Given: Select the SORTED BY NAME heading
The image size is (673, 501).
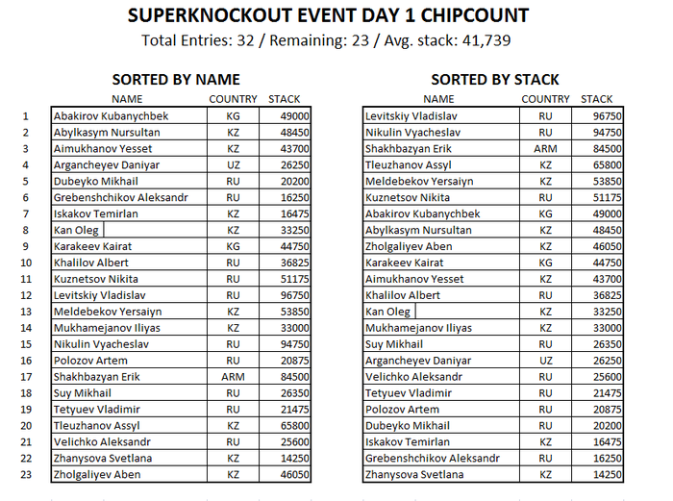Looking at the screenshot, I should (175, 79).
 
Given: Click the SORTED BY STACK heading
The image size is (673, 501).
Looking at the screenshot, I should (494, 79).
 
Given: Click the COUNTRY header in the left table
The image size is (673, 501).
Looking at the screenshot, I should (233, 99).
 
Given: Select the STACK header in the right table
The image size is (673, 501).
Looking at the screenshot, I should (596, 99).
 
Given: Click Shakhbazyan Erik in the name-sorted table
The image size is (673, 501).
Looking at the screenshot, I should (97, 377).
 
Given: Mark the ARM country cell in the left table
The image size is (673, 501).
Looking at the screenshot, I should (234, 377).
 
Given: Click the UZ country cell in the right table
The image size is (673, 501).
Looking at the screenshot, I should (545, 361).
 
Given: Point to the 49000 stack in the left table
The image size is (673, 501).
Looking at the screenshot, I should (294, 115).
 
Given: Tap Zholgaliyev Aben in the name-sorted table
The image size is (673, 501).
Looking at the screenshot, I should (97, 475).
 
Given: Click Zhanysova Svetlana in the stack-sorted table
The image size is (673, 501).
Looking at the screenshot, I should (413, 475).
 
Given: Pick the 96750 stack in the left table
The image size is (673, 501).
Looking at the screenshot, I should (294, 295).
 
